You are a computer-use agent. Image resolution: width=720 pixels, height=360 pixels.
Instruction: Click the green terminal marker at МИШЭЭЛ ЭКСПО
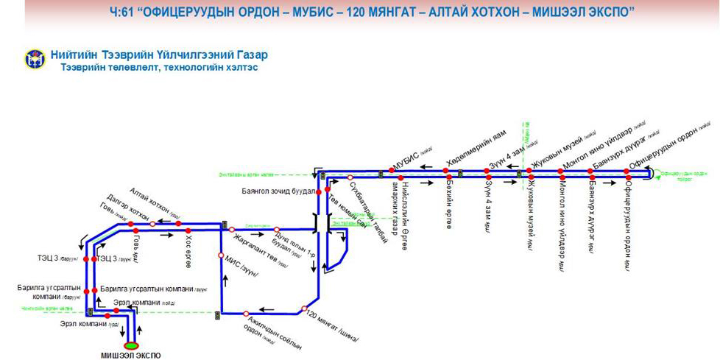[131, 345]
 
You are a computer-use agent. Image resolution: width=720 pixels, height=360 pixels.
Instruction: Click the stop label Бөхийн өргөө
[449, 198]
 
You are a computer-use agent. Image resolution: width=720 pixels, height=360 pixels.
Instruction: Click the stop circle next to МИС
[219, 255]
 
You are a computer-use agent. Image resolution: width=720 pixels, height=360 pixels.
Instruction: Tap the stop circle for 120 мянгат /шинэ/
[304, 308]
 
